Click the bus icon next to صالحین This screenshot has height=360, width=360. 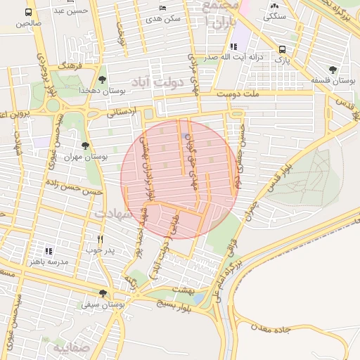29,13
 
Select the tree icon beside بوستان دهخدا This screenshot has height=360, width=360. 103,79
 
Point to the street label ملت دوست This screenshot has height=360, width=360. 238,93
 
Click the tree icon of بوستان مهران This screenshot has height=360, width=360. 85,146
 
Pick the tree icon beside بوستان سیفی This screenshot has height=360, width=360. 103,293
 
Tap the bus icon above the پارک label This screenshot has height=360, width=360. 282,50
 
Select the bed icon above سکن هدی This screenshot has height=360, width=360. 163,8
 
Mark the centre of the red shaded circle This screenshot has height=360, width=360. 179,180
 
